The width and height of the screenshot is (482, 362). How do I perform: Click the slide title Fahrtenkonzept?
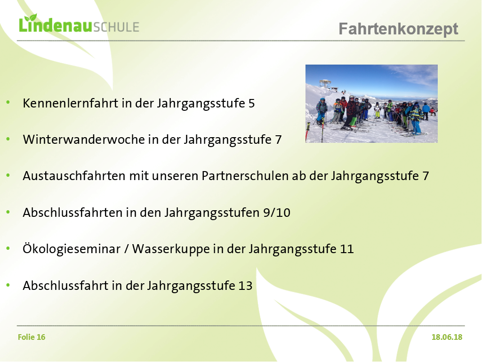(398, 29)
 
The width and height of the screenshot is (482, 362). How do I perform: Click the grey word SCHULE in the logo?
(116, 27)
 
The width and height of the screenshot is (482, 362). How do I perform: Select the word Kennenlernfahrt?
(71, 103)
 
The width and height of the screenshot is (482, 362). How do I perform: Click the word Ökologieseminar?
(72, 248)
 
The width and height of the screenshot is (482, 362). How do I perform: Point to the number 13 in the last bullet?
(245, 286)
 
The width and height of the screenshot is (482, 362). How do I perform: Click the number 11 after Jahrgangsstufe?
(347, 249)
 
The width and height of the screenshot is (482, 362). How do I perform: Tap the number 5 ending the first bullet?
(251, 103)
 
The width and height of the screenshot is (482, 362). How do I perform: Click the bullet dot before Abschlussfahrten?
(8, 212)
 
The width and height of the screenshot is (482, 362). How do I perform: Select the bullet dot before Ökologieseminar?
(8, 248)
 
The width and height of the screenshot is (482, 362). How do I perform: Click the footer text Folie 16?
(32, 337)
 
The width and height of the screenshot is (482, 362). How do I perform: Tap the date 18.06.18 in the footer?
(447, 337)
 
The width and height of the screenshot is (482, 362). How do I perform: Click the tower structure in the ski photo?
(325, 84)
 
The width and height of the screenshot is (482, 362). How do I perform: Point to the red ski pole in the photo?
(307, 132)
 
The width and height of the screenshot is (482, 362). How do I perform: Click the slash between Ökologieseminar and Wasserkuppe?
(126, 249)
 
